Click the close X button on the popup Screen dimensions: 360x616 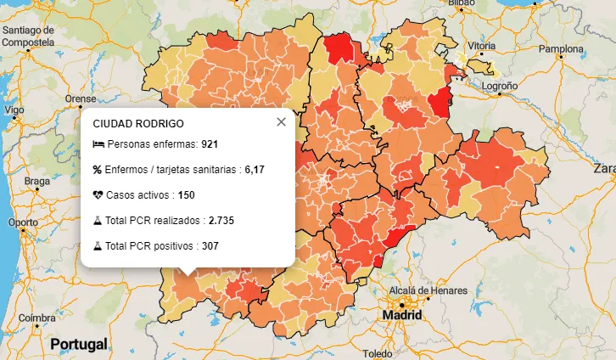tap(281, 122)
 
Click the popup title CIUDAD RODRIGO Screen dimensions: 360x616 tap(137, 123)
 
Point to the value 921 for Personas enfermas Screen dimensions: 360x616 tap(210, 144)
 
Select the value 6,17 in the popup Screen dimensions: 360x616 tap(255, 170)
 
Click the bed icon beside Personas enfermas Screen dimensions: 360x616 tap(98, 144)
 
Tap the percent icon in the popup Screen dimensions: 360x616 tap(98, 170)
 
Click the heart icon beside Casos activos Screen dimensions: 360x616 tap(98, 195)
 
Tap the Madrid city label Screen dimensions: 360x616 tap(401, 314)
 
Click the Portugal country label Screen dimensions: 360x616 tap(78, 344)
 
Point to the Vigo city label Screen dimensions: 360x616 tap(14, 110)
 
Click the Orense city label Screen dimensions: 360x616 tap(81, 98)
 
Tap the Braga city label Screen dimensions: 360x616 tap(37, 181)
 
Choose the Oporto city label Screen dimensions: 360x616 tap(22, 222)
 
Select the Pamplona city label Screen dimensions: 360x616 tap(562, 49)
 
